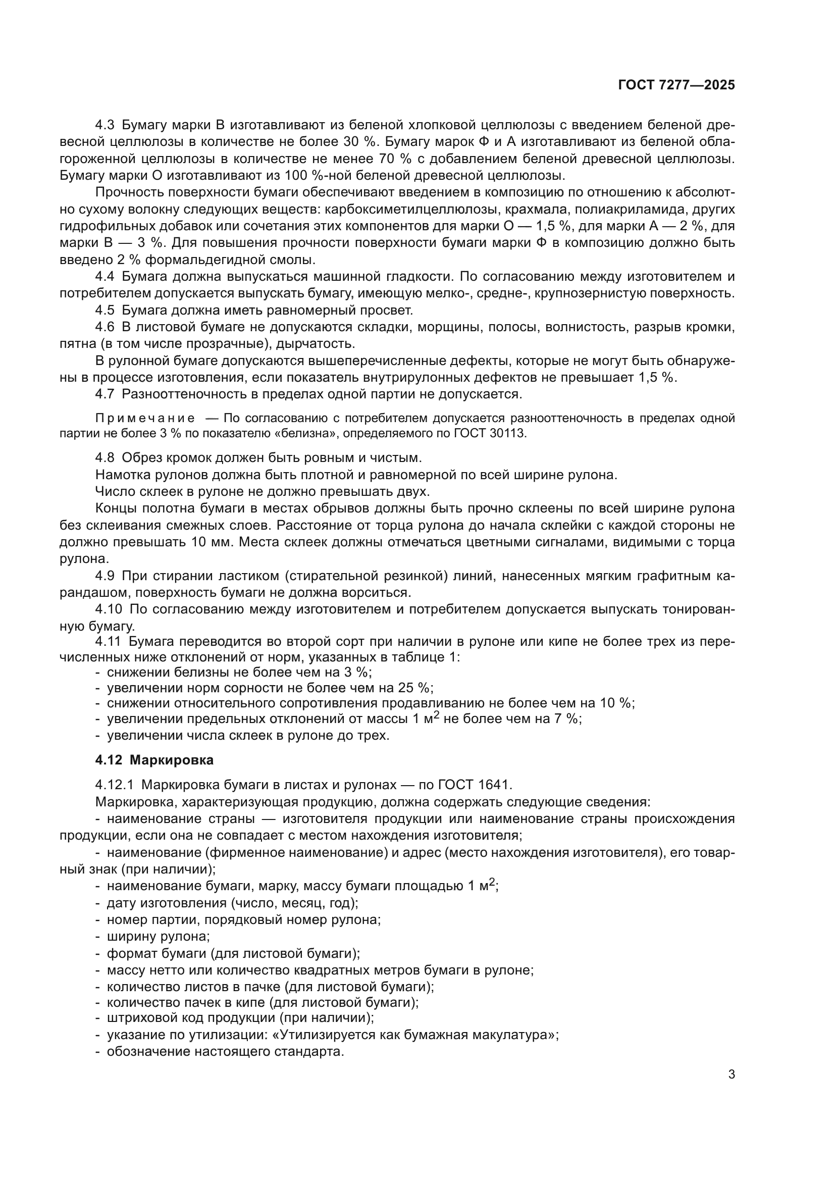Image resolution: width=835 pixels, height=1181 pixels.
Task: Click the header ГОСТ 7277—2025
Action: coord(676,85)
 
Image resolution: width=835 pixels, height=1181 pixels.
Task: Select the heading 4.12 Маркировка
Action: coord(154,760)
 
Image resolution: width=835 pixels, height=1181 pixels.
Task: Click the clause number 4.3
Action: coord(106,125)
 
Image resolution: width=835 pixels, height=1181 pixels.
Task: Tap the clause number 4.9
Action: coord(106,576)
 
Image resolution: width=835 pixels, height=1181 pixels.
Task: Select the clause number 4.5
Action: coord(106,311)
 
